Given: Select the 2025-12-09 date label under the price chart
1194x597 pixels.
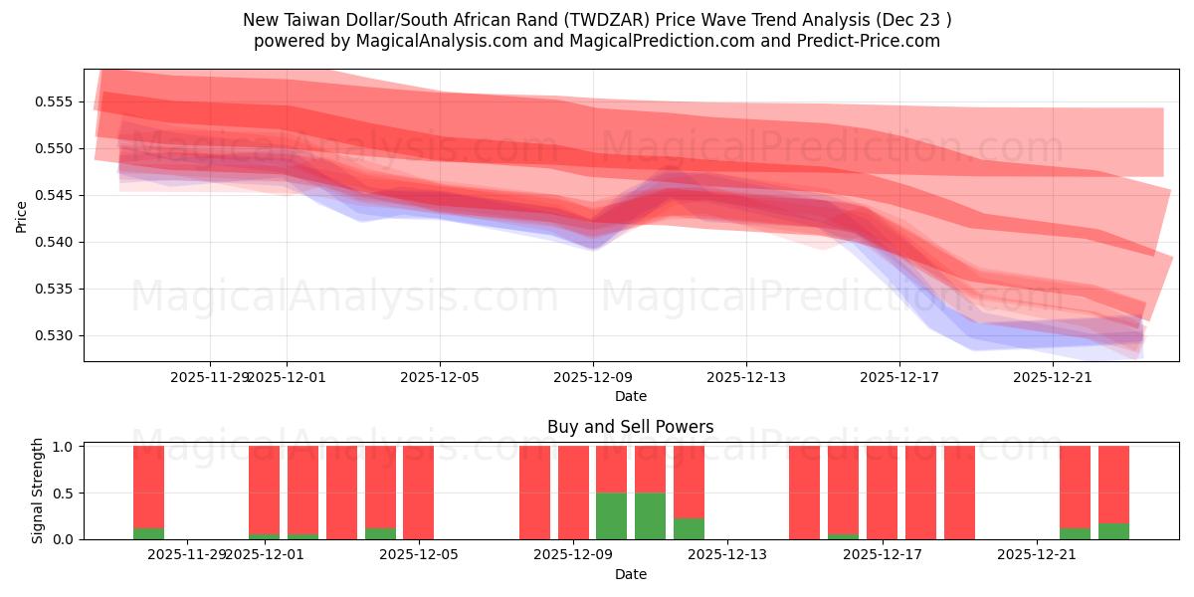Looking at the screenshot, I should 594,377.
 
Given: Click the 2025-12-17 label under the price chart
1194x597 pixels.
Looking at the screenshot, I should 899,377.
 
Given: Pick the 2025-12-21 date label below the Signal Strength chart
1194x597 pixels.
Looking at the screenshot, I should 1038,554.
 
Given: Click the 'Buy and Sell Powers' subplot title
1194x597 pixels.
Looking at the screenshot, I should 630,427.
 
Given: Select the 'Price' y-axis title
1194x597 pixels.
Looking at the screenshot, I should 22,216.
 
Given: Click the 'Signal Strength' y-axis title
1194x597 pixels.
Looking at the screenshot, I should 38,491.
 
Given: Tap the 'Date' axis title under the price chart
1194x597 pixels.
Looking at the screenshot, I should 630,396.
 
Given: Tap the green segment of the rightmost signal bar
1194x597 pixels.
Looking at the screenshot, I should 1113,531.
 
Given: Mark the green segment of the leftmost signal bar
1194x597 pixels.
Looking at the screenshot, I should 148,533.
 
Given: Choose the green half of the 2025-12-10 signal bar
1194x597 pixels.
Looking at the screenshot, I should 650,515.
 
